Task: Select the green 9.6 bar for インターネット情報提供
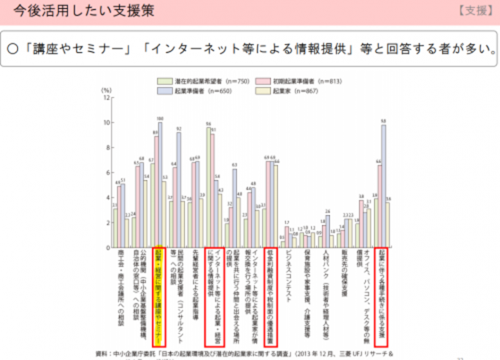(x=208, y=187)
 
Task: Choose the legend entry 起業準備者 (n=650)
(x=188, y=91)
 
